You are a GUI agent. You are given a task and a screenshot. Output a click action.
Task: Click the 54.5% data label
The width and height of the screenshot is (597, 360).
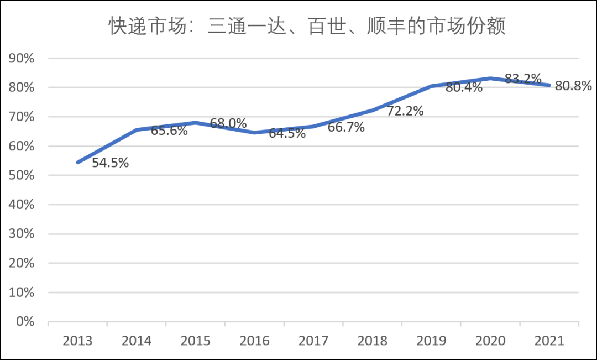coord(110,163)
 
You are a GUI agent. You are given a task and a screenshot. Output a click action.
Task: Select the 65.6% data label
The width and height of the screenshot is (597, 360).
coord(169,132)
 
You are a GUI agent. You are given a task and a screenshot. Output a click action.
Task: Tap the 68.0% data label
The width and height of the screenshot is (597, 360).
coord(228,123)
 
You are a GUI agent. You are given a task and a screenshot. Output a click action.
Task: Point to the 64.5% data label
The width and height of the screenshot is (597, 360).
coord(287,133)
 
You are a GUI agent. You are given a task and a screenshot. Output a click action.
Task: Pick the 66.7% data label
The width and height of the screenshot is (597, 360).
coord(346,128)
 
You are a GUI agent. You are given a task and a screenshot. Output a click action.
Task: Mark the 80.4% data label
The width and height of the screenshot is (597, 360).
coord(464,87)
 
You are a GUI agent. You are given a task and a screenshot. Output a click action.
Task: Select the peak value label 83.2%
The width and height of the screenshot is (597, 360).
coord(522,79)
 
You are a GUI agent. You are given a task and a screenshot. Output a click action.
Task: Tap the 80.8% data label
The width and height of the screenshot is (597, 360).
coord(573,86)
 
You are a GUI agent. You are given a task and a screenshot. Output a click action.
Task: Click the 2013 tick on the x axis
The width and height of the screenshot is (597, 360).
coord(77,341)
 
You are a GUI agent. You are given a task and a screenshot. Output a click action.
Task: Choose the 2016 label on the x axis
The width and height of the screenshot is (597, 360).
coord(254,341)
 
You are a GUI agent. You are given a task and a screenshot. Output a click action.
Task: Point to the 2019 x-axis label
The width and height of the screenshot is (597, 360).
coord(431,341)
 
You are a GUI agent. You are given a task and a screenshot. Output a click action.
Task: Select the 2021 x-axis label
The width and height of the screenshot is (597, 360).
coord(549,341)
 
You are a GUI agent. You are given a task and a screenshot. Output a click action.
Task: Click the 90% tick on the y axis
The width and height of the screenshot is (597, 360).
coord(21,59)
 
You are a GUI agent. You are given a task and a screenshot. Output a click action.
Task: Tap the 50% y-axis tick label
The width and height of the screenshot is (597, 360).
coord(21,175)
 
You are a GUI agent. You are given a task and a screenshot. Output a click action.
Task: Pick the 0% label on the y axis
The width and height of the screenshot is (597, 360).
coord(24,321)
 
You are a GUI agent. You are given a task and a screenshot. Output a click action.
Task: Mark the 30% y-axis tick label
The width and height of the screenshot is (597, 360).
coord(21,234)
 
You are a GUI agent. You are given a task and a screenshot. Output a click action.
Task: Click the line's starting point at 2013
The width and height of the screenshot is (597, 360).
coord(78,163)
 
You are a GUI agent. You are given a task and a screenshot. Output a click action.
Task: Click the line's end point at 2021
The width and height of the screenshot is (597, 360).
coord(549,85)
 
